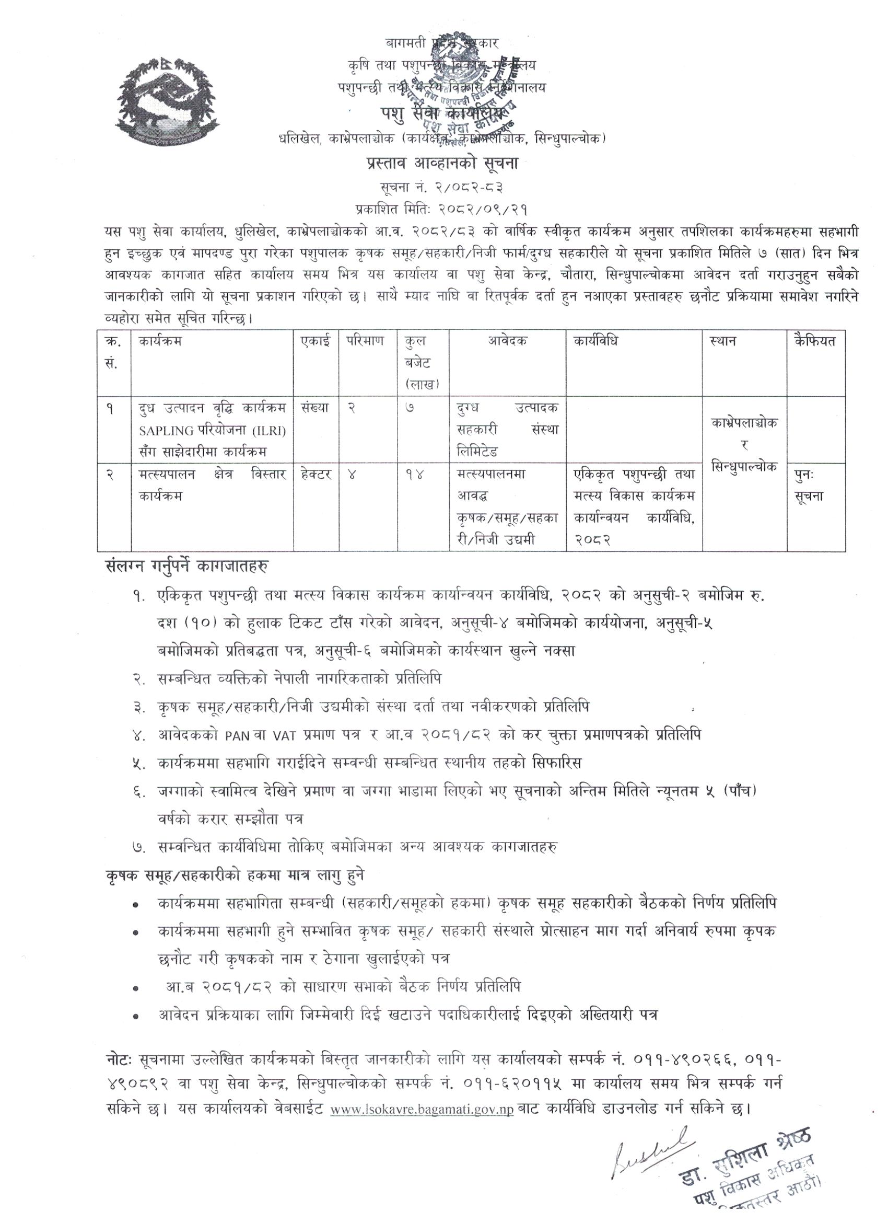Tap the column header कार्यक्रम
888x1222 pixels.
click(x=160, y=342)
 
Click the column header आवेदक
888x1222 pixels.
click(x=508, y=342)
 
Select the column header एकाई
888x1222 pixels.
click(x=316, y=342)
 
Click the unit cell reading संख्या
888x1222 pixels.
click(x=316, y=409)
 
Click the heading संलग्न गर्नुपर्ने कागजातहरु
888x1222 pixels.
click(x=188, y=568)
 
